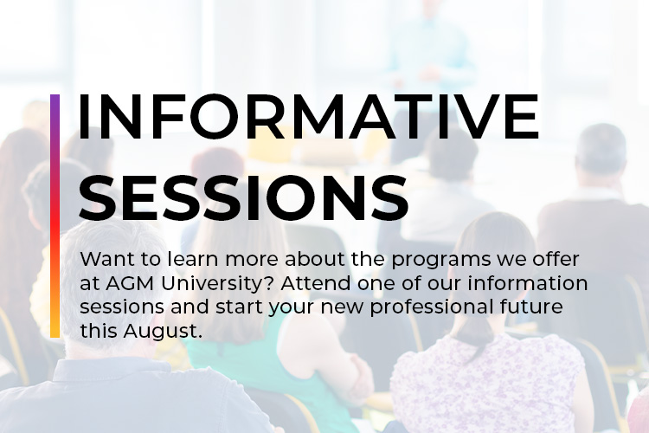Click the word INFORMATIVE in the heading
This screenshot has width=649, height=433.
click(308, 116)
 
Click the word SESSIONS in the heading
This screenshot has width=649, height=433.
click(243, 197)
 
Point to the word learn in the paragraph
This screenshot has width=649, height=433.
click(192, 260)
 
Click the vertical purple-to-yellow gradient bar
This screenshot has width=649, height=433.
click(55, 216)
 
